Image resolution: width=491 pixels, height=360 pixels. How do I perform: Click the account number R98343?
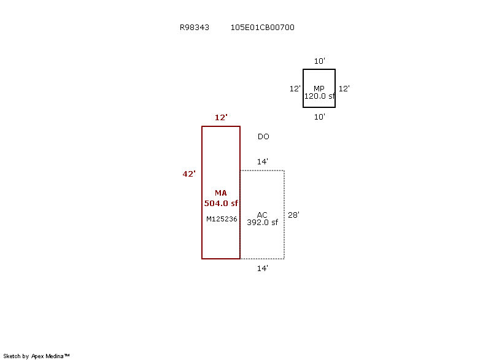pos(195,28)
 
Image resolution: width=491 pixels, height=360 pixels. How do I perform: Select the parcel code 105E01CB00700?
pos(263,28)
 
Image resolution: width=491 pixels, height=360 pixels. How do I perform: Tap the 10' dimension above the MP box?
pos(319,61)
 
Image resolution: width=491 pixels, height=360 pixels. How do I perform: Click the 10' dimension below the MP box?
pos(319,117)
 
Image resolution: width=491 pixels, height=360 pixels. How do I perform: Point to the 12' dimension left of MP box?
pos(295,89)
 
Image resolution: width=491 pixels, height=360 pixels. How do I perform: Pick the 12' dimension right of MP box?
pos(344,89)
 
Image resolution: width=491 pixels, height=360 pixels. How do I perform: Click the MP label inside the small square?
pos(319,88)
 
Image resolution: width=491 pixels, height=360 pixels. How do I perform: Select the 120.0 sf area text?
pos(319,96)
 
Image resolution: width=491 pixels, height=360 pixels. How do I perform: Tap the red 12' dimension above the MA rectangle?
pos(221,118)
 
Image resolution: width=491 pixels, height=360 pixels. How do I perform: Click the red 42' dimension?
pos(189,174)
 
